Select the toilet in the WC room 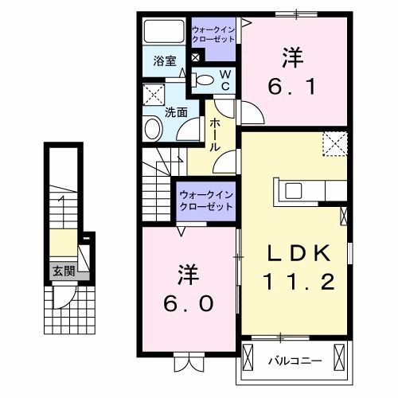coord(205,79)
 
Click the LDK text coord(298,252)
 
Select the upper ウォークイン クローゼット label coord(213,35)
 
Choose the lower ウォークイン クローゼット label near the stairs coord(205,199)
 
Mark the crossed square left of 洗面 coord(154,96)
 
